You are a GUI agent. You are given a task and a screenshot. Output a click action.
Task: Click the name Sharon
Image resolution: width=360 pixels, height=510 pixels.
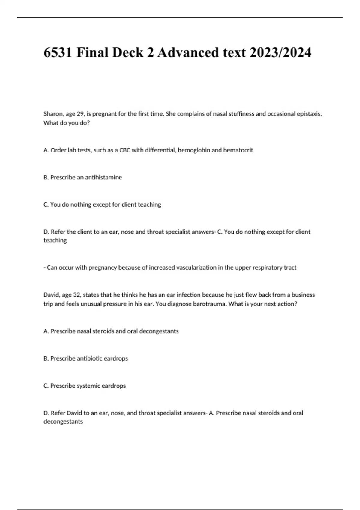point(53,114)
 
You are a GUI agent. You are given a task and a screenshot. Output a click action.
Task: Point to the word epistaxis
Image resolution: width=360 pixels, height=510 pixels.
point(309,114)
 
